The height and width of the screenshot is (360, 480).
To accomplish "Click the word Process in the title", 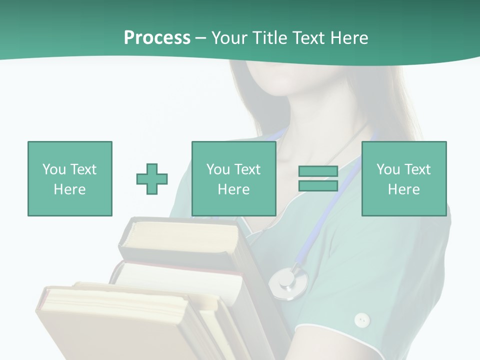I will pos(157,38).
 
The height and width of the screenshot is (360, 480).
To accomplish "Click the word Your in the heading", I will pos(230,38).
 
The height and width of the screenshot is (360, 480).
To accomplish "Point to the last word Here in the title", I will pos(349,38).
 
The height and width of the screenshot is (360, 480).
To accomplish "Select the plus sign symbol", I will pos(152,179).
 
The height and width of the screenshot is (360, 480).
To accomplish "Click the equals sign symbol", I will pos(318,179).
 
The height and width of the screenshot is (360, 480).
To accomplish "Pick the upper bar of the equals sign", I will pos(318,171).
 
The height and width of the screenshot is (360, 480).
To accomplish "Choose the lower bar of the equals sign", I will pos(318,186).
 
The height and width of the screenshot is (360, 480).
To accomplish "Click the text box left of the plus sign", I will pos(69,178).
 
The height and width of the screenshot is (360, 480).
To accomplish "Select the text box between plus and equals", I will pos(233,178).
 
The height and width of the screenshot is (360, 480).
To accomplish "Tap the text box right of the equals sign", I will pos(403,178).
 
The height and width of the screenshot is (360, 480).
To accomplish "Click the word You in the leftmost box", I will pos(54,169).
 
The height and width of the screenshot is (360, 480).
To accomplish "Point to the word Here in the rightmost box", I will pos(403,189).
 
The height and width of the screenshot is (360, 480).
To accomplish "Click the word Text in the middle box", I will pos(247,169).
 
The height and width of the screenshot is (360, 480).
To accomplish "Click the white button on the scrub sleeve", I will pos(361,319).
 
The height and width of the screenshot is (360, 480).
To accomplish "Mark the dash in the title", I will pos(201,38).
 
